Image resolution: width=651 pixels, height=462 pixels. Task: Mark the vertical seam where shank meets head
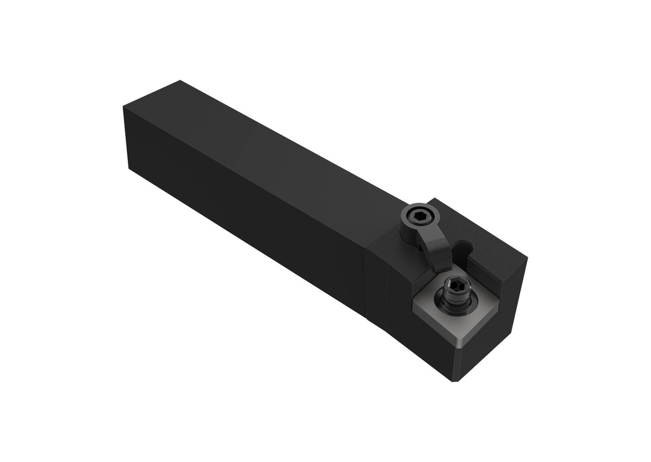coord(367,280)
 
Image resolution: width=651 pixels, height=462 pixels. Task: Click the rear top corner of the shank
coord(180,81)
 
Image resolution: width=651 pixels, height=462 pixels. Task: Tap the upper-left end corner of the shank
coord(124,106)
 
